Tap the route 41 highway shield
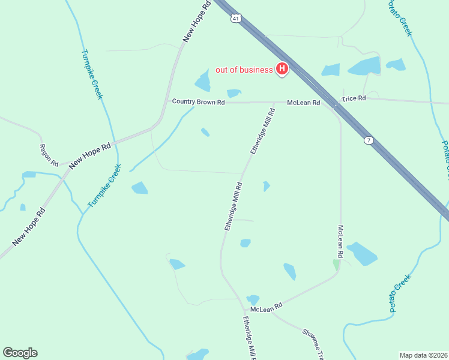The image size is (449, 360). [237, 19]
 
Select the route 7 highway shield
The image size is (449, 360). [369, 140]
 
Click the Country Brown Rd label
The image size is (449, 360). [198, 102]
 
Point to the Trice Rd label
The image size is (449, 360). [353, 98]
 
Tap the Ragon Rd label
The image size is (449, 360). [49, 155]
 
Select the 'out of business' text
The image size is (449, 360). [244, 70]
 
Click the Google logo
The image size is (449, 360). [20, 353]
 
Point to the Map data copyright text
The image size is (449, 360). [423, 355]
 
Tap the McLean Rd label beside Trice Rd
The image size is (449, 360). [303, 103]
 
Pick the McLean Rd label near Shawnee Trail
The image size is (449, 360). [266, 308]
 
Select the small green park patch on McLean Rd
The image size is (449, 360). [336, 264]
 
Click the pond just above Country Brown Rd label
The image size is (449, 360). [234, 93]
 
